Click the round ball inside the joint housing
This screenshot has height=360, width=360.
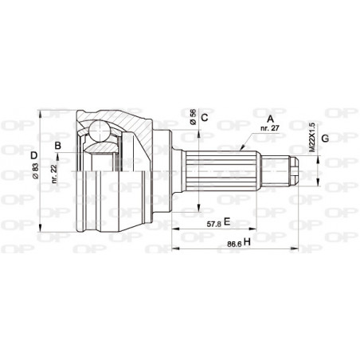[99, 129]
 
